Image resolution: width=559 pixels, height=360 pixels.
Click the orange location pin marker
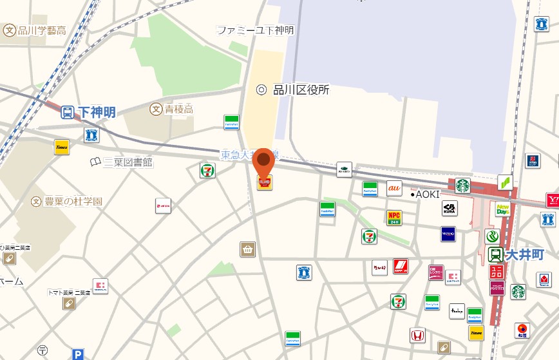point(263,162)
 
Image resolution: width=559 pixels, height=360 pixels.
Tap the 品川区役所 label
point(301,90)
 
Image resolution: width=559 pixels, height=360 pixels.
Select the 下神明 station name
point(97,113)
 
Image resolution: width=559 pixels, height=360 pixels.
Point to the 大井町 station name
point(525,254)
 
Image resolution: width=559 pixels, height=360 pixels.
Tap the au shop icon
point(394,188)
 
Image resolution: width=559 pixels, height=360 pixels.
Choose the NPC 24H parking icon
point(394,218)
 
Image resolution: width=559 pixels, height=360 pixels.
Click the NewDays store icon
point(503,209)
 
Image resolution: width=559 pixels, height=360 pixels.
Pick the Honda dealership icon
point(417,335)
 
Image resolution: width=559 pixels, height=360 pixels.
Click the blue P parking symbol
point(78,354)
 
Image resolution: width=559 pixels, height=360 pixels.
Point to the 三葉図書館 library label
point(129,162)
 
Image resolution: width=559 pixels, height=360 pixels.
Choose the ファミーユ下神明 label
point(255,30)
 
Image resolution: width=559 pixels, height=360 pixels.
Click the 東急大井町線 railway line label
point(248,155)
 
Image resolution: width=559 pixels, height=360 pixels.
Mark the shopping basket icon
point(247,249)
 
